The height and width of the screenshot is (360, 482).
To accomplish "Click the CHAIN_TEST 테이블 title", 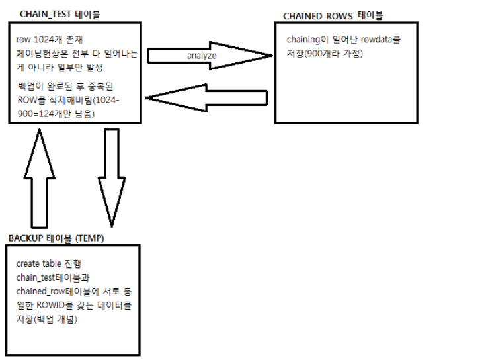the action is click(x=61, y=14).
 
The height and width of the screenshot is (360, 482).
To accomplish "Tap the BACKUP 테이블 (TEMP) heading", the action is click(x=56, y=237).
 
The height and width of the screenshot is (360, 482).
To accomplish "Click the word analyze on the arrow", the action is click(x=202, y=56).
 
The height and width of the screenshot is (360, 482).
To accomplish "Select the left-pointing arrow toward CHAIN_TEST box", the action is click(x=205, y=98).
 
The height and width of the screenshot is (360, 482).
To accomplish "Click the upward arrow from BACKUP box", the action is click(x=40, y=179).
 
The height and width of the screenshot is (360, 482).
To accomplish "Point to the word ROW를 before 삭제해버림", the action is click(x=27, y=101).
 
